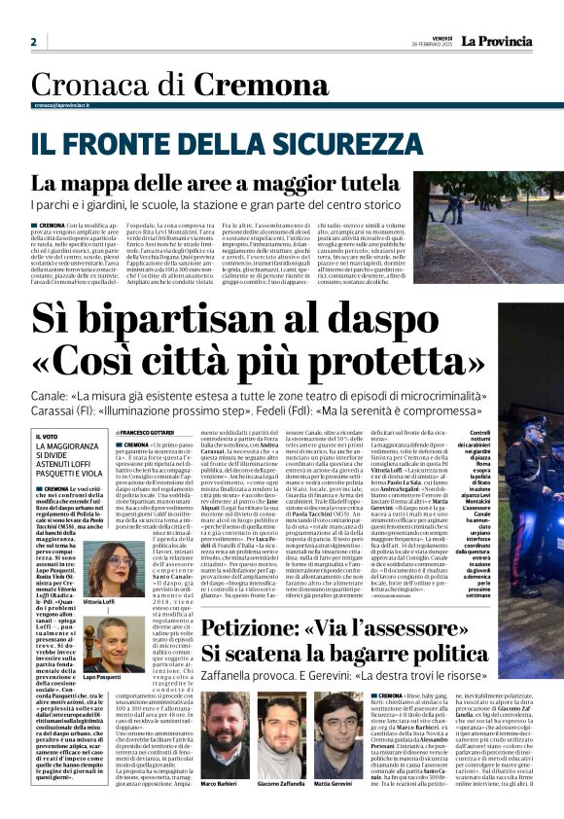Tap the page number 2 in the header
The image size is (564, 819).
pos(33,42)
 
